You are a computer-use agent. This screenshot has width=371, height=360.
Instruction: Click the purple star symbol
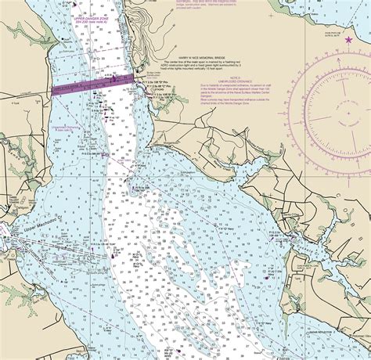[x=349, y=38]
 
